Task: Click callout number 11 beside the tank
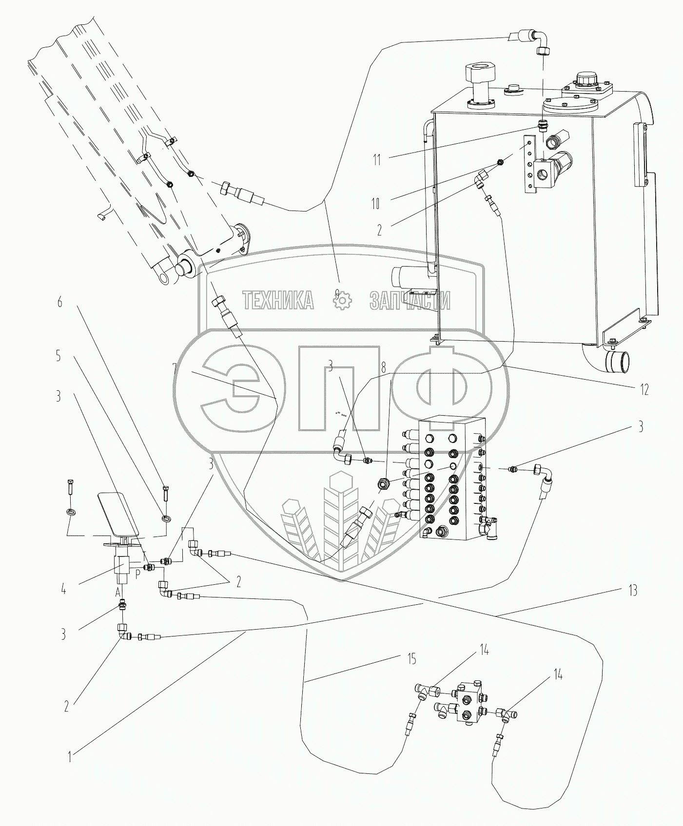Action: coord(376,159)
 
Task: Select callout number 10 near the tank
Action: coord(375,203)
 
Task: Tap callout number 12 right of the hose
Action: coord(644,389)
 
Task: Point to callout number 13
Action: coord(632,591)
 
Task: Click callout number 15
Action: coord(411,659)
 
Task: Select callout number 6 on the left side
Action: coord(60,302)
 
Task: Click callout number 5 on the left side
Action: coord(59,357)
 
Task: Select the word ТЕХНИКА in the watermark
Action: coord(278,301)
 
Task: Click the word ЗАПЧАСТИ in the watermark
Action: coord(410,301)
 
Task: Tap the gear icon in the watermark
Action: coord(342,301)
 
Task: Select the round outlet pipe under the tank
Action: coord(617,361)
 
